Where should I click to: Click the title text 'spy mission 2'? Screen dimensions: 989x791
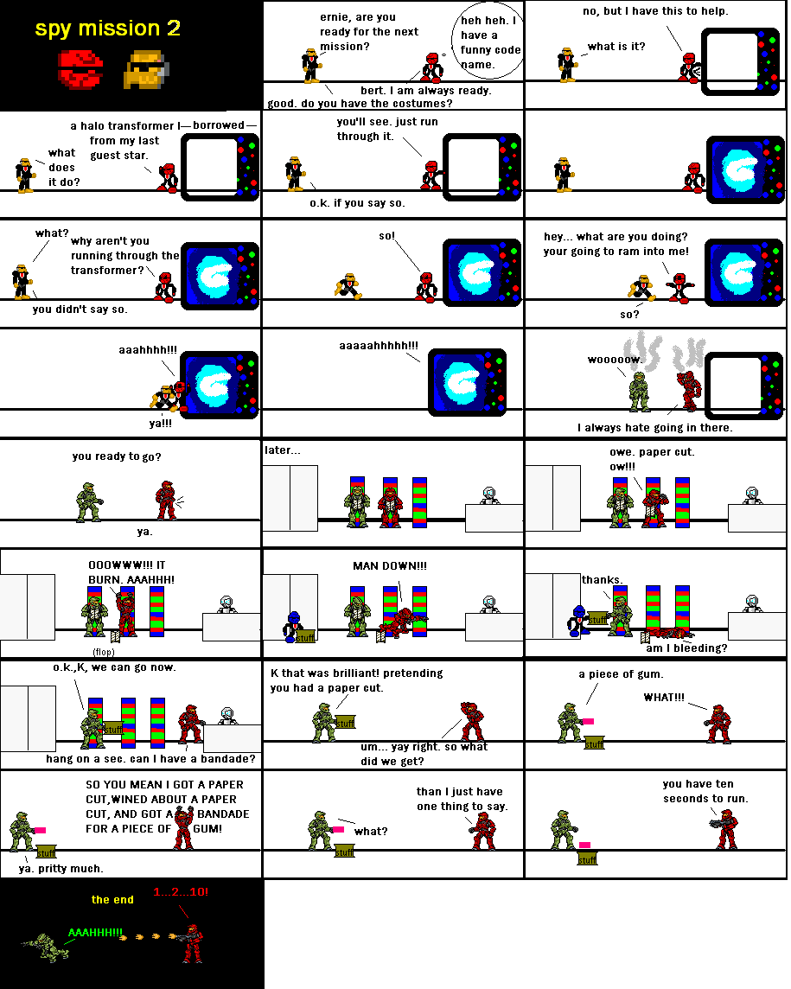(107, 28)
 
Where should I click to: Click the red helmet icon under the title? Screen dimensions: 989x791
(80, 69)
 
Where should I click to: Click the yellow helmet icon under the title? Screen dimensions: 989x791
(148, 69)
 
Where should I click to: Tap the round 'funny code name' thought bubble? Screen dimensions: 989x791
(489, 43)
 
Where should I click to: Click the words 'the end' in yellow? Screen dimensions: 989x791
(112, 900)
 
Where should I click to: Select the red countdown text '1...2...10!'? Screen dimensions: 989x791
(180, 891)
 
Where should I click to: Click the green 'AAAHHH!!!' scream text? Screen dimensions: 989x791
(95, 934)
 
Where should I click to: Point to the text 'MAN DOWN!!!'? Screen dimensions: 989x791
(389, 565)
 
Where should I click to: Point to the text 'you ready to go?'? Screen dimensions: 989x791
(117, 456)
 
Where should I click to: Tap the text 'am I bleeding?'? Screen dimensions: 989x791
(686, 648)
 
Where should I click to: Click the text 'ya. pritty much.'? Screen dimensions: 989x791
(61, 868)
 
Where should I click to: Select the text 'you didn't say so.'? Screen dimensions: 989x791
(80, 309)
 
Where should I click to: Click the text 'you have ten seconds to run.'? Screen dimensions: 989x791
(705, 791)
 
